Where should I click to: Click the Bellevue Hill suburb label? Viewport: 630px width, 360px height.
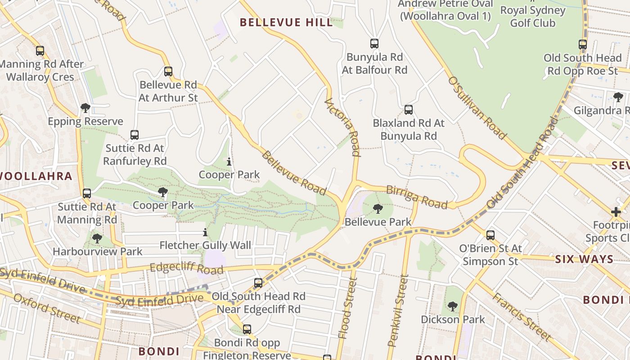tap(286, 22)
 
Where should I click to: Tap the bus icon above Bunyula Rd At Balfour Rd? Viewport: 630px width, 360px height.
tap(374, 44)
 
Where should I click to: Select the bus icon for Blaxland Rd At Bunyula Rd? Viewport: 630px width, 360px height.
tap(408, 109)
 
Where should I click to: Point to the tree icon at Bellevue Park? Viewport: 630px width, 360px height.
tap(378, 209)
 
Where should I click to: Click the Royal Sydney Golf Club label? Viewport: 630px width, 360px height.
tap(532, 16)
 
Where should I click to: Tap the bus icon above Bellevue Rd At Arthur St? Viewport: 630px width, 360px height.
tap(168, 72)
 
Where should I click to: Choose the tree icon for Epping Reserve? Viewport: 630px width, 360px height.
tap(85, 108)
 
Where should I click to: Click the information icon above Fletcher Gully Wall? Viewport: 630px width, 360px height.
tap(205, 233)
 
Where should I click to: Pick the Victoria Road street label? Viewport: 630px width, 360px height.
tap(343, 127)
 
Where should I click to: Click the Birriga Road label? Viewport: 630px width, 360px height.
tap(417, 197)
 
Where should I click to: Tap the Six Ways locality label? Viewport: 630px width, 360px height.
tap(584, 259)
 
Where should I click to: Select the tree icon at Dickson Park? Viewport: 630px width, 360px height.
tap(452, 306)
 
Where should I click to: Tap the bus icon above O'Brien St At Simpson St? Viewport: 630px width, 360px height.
tap(490, 235)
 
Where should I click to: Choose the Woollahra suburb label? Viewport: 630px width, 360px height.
tap(36, 176)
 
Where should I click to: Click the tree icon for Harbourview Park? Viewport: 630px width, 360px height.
tap(97, 238)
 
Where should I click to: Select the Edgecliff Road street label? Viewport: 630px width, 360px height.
tap(186, 268)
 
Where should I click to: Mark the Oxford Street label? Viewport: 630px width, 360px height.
tap(47, 309)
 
